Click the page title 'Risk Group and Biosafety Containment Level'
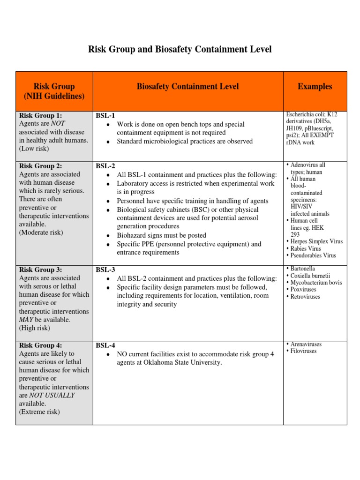coord(180,49)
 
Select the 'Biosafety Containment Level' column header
coord(187,86)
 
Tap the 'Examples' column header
coord(315,86)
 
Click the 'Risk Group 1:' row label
coord(40,115)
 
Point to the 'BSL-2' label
coord(105,165)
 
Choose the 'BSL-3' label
coord(105,270)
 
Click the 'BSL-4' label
coord(105,345)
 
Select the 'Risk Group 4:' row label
coord(40,345)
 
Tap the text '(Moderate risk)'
coord(41,232)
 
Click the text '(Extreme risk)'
coord(39,412)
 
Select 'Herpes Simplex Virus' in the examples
coord(316,242)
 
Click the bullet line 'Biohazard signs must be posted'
coord(161,235)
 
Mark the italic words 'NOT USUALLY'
coord(52,395)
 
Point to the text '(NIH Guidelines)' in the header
coord(54,96)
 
